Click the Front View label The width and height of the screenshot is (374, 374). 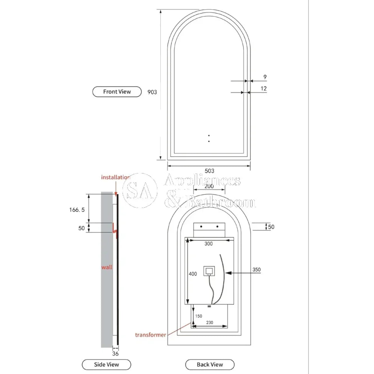(x=117, y=92)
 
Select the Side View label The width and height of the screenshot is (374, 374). (x=107, y=364)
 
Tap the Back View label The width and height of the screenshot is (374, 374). (x=210, y=364)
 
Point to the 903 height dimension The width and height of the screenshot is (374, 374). (x=152, y=92)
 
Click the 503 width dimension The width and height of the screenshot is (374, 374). (x=209, y=171)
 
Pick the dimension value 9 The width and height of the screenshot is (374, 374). (x=265, y=77)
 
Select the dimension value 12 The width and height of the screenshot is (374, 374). (x=264, y=89)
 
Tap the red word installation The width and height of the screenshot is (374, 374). (x=116, y=177)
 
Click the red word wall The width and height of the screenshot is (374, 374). (x=107, y=267)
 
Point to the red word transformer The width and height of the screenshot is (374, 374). (x=150, y=335)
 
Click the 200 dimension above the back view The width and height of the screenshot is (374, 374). (x=209, y=186)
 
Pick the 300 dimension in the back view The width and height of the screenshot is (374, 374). (x=208, y=244)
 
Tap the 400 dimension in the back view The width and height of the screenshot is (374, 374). (x=193, y=274)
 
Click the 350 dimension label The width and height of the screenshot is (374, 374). (x=257, y=269)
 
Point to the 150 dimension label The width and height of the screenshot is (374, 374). (x=198, y=316)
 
